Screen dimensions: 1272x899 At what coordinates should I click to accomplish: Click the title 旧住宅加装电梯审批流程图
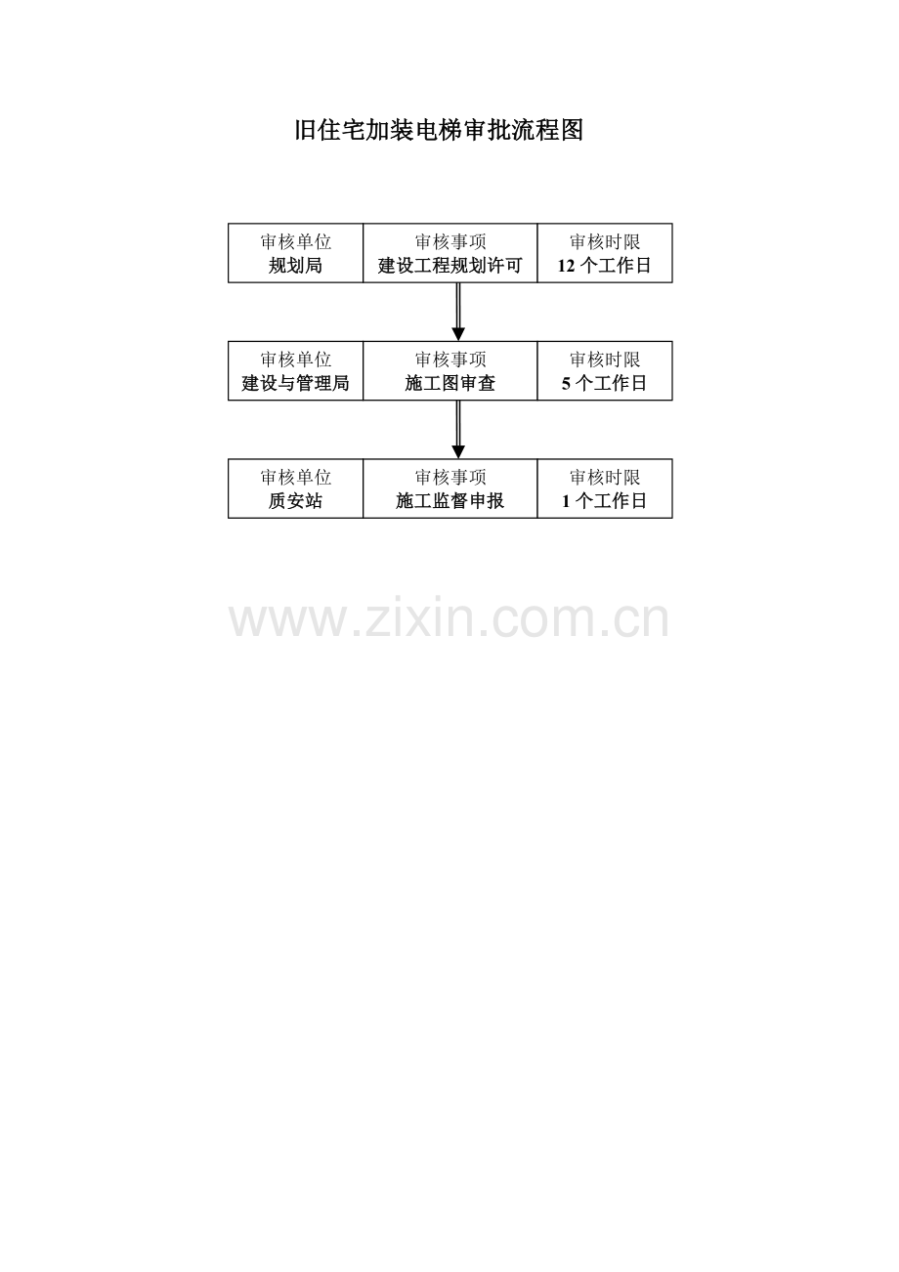[x=439, y=131]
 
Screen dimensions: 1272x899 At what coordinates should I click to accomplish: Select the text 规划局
[x=295, y=266]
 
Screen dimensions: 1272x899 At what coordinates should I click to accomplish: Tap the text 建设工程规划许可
[x=449, y=266]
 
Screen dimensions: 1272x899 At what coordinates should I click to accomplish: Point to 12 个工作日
[x=604, y=266]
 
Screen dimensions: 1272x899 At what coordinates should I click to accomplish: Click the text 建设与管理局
[x=295, y=384]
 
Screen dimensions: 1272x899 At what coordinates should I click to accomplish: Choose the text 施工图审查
[x=449, y=384]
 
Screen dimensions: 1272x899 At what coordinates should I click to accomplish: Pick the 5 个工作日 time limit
[x=604, y=384]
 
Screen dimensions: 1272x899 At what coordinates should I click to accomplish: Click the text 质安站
[x=295, y=502]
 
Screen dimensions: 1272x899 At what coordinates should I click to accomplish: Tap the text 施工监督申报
[x=449, y=502]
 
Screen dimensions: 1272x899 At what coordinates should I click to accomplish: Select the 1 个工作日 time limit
[x=604, y=502]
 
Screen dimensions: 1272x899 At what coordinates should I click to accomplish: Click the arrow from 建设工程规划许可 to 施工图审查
[x=458, y=313]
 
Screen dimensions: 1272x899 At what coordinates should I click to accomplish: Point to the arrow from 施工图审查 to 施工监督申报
[x=458, y=431]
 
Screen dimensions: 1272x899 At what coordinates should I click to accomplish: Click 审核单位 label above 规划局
[x=295, y=242]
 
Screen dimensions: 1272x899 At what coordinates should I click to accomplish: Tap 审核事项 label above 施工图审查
[x=449, y=360]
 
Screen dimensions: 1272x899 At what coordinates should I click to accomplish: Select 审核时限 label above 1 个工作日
[x=604, y=478]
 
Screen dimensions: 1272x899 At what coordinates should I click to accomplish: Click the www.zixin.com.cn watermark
[x=449, y=620]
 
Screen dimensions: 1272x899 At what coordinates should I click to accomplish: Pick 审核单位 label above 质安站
[x=295, y=478]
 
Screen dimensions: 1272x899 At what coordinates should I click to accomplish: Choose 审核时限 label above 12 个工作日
[x=604, y=242]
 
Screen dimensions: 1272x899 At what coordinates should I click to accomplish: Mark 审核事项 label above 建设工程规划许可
[x=449, y=242]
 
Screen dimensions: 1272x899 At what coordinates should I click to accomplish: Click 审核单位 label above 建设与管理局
[x=295, y=360]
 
